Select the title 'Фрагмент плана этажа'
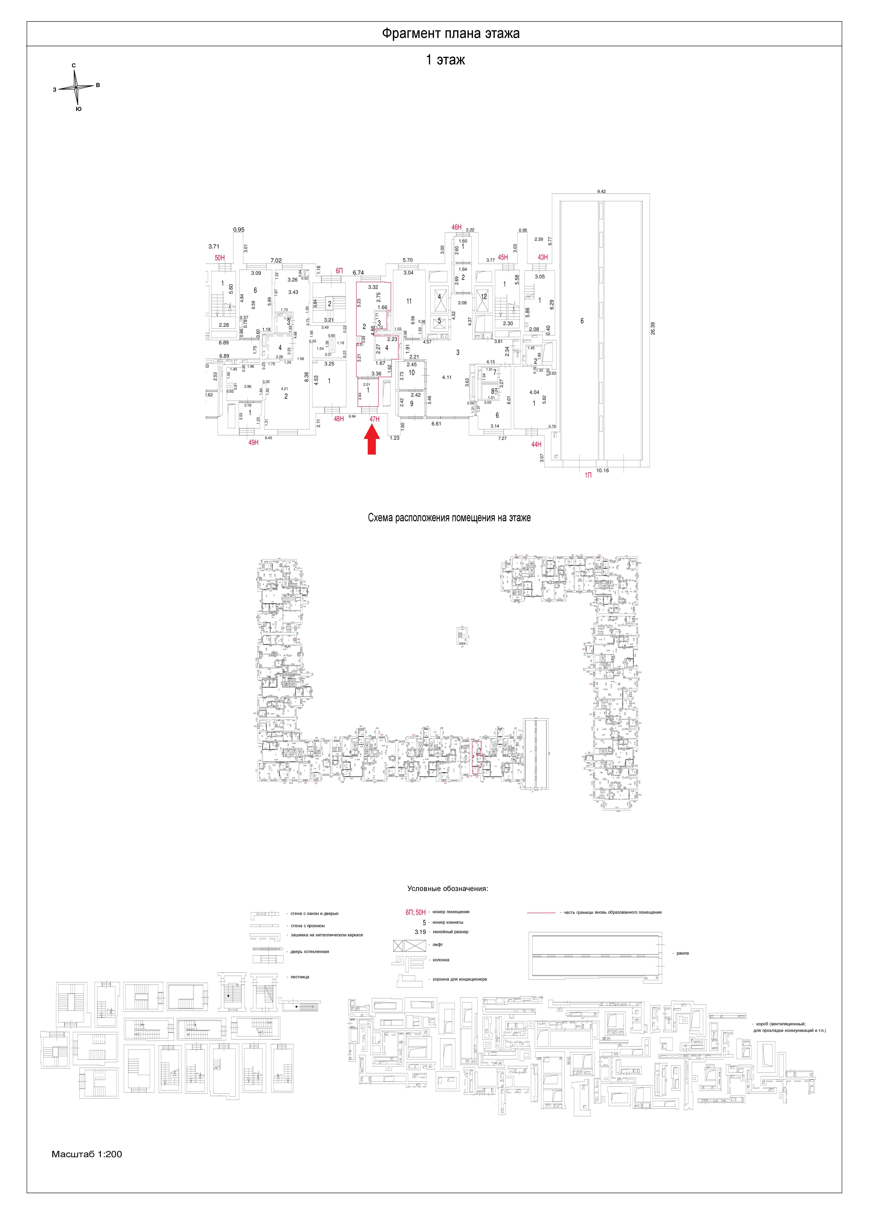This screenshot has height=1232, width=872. point(450,34)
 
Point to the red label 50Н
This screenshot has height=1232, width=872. point(220,258)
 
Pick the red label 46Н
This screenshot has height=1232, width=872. point(456,228)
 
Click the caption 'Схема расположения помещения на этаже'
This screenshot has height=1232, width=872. point(449,518)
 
